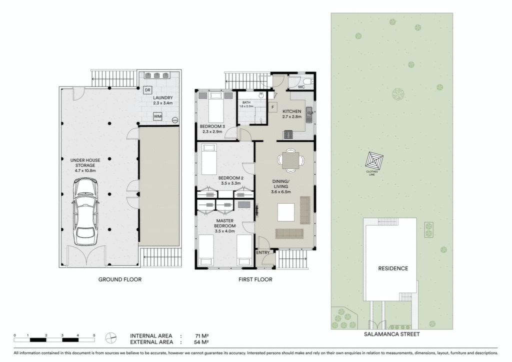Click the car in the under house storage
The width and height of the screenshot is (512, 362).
pos(85,212)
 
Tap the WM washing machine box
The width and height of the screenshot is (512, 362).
pos(157,117)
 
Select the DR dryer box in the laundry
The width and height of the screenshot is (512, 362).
pos(147,90)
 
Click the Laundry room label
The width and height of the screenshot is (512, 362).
pos(163,98)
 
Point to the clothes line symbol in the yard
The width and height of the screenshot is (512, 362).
pos(374,161)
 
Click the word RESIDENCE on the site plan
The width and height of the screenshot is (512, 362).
pos(393,268)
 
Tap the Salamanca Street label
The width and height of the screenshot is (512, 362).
pos(392,334)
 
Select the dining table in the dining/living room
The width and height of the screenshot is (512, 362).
pos(290,161)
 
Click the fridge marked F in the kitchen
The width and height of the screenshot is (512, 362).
pos(272,107)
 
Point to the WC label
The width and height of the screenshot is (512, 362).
pos(301,87)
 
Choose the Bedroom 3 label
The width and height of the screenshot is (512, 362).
pos(212,127)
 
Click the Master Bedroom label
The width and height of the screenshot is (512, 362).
pos(225,223)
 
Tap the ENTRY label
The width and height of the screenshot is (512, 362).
pos(263,253)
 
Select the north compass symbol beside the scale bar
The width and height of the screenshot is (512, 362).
pos(110,338)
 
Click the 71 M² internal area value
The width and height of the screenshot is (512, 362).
pos(202,336)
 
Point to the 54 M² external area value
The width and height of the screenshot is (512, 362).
pos(201,342)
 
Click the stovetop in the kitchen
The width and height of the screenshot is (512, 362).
pos(288,134)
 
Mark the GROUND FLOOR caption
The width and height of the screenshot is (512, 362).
pos(120,279)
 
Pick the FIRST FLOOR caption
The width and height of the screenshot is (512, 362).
pos(255,279)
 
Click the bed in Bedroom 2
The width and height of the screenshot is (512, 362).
pos(209,159)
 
